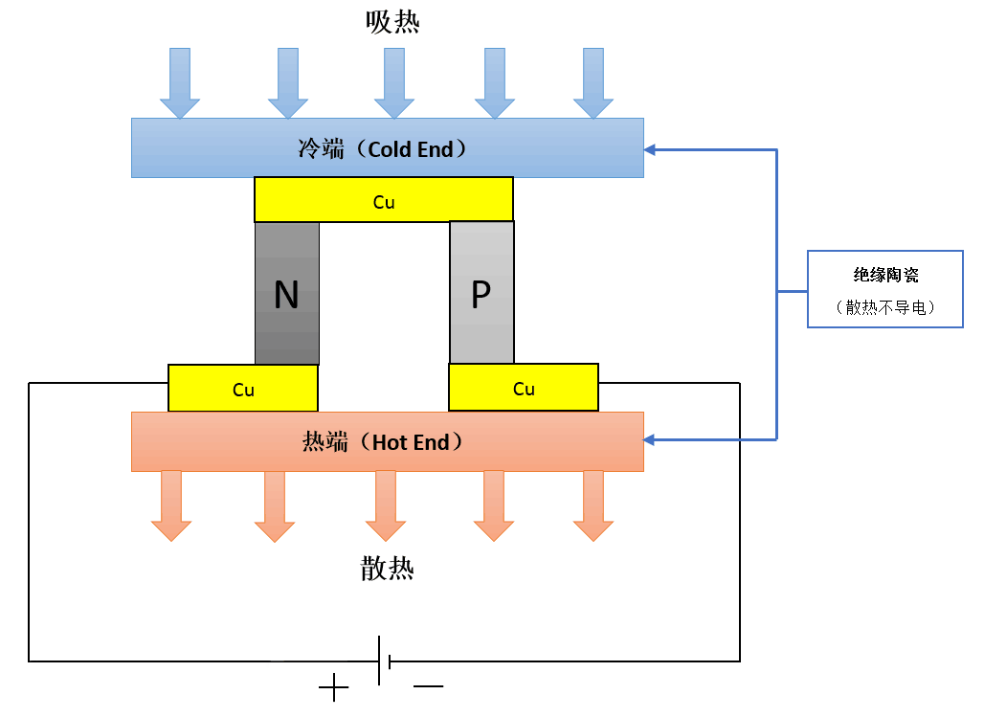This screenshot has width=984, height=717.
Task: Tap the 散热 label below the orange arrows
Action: click(x=388, y=569)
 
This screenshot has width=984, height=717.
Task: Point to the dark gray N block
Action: click(x=287, y=294)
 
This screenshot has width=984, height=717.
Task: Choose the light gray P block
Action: click(x=481, y=293)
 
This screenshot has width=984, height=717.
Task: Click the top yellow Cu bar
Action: click(x=384, y=200)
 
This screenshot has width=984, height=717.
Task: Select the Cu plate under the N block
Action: click(x=243, y=389)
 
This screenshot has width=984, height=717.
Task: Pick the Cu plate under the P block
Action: click(x=524, y=388)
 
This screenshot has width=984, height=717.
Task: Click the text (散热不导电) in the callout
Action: click(x=885, y=307)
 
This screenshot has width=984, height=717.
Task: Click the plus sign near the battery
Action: click(x=333, y=687)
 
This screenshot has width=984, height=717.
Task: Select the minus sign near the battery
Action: click(x=429, y=686)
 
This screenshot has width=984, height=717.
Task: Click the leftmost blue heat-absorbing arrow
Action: click(x=180, y=83)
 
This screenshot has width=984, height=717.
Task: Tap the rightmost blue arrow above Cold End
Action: click(x=593, y=83)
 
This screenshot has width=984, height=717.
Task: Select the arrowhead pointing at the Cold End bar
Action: click(x=651, y=149)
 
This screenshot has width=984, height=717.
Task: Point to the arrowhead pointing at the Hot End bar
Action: click(x=651, y=439)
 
